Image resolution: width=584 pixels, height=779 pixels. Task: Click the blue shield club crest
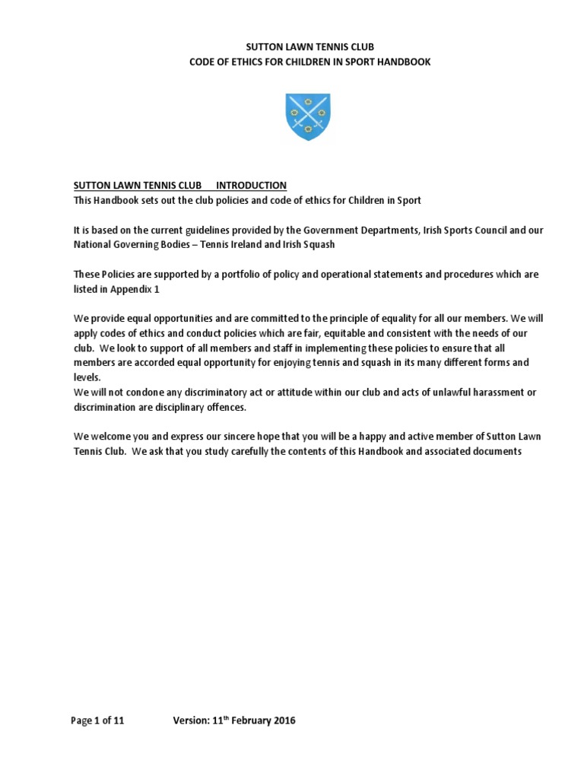[x=307, y=116]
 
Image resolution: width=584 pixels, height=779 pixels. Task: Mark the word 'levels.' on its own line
[x=87, y=377]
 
